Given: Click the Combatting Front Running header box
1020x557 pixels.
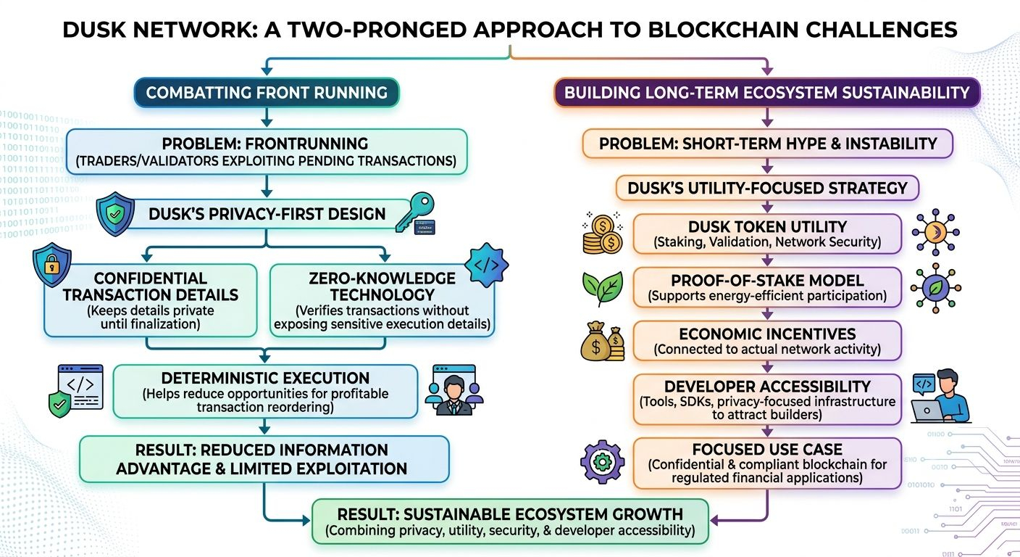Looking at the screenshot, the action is (x=267, y=93).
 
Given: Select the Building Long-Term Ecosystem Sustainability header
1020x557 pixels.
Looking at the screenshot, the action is (x=767, y=93).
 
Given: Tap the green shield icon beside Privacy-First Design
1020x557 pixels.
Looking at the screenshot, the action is (x=115, y=213).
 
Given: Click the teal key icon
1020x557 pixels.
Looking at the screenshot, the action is (x=415, y=213).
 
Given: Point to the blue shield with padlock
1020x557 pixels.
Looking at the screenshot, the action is (x=52, y=264).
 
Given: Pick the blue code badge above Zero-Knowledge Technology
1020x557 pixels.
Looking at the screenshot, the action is (x=486, y=265).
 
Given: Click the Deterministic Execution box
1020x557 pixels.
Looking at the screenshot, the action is (x=265, y=392).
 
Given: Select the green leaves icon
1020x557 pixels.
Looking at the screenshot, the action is (x=603, y=288).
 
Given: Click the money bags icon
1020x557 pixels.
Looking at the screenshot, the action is (x=603, y=341).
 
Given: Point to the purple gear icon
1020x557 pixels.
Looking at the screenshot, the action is (x=602, y=462).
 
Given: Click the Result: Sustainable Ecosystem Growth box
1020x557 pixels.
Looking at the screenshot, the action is (x=510, y=521).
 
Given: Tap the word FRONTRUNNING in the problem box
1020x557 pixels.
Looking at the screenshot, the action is (x=306, y=144).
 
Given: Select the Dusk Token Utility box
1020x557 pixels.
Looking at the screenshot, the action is (x=767, y=234).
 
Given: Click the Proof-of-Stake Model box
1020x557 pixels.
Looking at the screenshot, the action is (x=767, y=287).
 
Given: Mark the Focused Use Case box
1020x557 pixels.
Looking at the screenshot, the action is (x=767, y=463).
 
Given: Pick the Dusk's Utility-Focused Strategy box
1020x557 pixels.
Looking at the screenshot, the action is (x=767, y=188).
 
